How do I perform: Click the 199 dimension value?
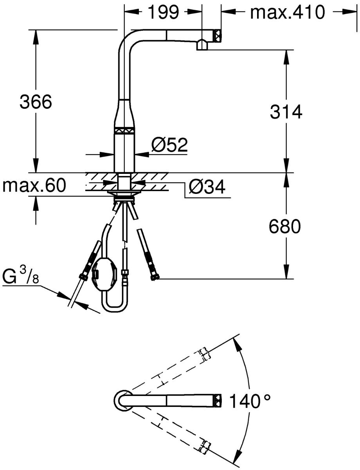(164, 12)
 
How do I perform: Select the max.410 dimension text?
(287, 12)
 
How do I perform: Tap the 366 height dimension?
(36, 102)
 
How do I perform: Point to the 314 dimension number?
(286, 112)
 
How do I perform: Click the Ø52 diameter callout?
(169, 145)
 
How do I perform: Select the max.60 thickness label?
(34, 185)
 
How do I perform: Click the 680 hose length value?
(285, 226)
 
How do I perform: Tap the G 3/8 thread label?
(20, 277)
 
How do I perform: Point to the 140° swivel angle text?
(249, 401)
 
